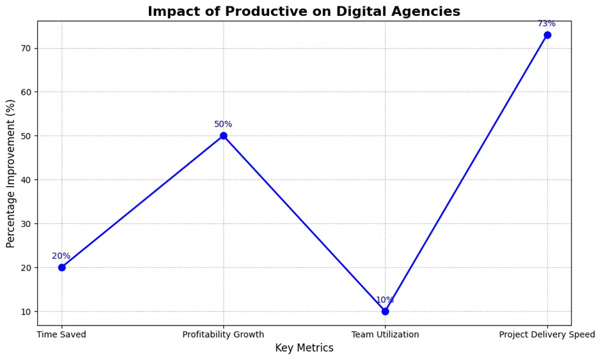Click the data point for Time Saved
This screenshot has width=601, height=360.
click(61, 267)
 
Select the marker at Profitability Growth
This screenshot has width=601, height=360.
click(223, 136)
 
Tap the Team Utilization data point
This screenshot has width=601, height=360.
click(385, 311)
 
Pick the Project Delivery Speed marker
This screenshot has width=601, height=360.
click(547, 35)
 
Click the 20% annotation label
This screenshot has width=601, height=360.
click(61, 256)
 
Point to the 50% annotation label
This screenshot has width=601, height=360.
click(223, 124)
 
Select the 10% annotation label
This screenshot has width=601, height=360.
click(385, 300)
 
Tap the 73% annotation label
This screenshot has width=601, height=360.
click(547, 24)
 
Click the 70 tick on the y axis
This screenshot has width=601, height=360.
click(26, 48)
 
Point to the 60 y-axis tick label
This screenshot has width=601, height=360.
click(26, 92)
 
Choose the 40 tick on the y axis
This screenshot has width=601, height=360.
click(26, 180)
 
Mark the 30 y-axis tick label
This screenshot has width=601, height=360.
click(26, 224)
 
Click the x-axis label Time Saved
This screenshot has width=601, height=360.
click(61, 334)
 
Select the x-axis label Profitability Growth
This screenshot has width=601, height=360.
click(223, 334)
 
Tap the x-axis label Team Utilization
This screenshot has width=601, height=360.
click(385, 334)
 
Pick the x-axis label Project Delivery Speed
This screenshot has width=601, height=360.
click(547, 334)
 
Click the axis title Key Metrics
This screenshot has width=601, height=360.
click(304, 348)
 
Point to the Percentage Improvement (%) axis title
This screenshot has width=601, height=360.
click(11, 173)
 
